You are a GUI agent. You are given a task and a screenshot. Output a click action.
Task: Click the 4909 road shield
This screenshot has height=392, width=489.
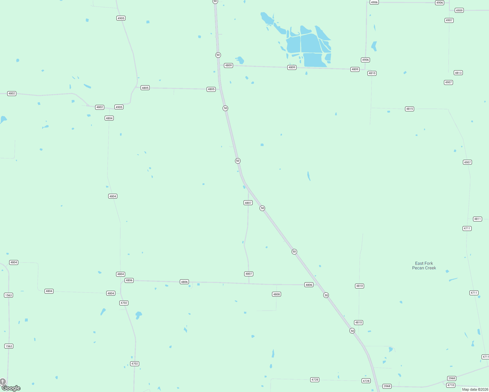[x=459, y=10]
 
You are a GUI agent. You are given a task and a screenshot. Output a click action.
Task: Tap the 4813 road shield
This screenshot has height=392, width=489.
[x=458, y=73]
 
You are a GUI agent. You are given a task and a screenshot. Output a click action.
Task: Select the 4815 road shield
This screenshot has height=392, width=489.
[x=410, y=109]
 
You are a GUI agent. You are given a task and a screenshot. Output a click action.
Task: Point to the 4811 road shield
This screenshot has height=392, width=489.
[x=478, y=219]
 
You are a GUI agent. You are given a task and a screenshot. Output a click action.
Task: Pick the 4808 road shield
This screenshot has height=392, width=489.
[x=277, y=294]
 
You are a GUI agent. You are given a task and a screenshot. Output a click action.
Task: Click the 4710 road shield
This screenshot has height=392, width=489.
[x=451, y=385]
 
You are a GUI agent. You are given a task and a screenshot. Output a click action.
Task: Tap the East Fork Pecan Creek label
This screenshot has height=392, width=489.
[x=424, y=266]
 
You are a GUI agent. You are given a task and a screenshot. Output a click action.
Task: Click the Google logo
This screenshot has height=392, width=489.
[x=11, y=388]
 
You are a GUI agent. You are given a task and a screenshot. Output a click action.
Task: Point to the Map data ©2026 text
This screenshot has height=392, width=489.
[x=475, y=389]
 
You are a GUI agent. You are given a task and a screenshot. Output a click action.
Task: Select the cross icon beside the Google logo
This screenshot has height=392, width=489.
[x=3, y=382]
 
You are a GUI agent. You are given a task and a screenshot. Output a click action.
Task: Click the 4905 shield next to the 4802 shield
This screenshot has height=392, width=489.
[x=119, y=107]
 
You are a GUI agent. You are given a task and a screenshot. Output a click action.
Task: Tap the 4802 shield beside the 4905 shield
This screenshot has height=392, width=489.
[x=100, y=107]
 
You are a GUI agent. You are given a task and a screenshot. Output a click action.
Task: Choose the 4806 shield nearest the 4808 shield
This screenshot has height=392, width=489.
[x=309, y=285]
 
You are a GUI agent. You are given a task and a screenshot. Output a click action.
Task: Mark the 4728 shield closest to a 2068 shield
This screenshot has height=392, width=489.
[x=366, y=381]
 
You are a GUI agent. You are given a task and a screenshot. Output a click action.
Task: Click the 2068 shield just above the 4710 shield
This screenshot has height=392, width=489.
[x=452, y=378]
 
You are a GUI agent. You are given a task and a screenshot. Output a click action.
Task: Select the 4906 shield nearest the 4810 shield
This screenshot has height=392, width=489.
[x=365, y=60]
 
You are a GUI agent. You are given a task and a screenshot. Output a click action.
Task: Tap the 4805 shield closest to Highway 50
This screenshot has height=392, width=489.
[x=211, y=89]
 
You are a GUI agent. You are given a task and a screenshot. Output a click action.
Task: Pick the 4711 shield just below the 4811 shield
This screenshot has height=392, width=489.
[x=467, y=228]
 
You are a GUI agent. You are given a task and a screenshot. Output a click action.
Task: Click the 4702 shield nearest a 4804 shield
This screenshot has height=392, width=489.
[x=124, y=303]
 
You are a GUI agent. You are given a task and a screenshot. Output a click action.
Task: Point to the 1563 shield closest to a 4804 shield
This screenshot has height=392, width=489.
[x=8, y=295]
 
